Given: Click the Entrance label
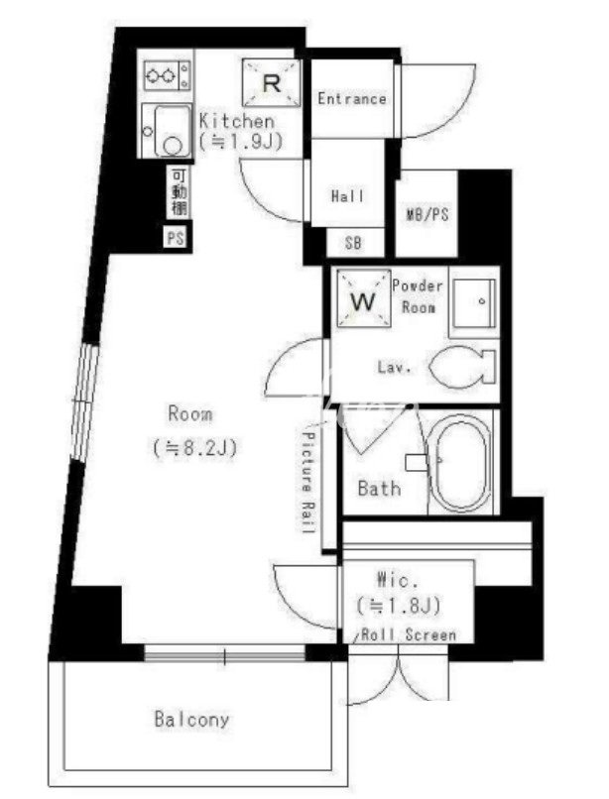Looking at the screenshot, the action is pyautogui.click(x=351, y=98).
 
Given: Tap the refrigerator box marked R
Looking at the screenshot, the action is pyautogui.click(x=271, y=83).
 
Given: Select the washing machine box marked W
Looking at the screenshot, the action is pyautogui.click(x=363, y=299).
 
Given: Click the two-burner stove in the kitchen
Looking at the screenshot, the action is pyautogui.click(x=168, y=75).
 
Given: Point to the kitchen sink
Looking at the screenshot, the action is pyautogui.click(x=167, y=131).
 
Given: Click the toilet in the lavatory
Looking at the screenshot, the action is pyautogui.click(x=462, y=367).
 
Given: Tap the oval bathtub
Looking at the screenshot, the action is pyautogui.click(x=459, y=464).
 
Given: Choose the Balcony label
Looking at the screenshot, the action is pyautogui.click(x=191, y=720).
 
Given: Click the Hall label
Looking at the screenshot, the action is pyautogui.click(x=347, y=195).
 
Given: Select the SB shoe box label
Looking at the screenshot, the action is pyautogui.click(x=353, y=243).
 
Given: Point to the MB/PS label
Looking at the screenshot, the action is pyautogui.click(x=427, y=214).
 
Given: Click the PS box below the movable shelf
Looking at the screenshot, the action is pyautogui.click(x=176, y=238).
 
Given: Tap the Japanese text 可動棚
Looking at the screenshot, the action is pyautogui.click(x=179, y=192).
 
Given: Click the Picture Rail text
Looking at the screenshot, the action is pyautogui.click(x=308, y=482).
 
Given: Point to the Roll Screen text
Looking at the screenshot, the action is pyautogui.click(x=409, y=634).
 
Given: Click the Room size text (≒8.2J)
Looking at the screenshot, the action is pyautogui.click(x=194, y=448).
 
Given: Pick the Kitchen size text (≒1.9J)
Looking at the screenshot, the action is pyautogui.click(x=240, y=141).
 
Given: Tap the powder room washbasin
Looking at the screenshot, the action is pyautogui.click(x=474, y=302).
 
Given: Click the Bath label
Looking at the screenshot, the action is pyautogui.click(x=379, y=488).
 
